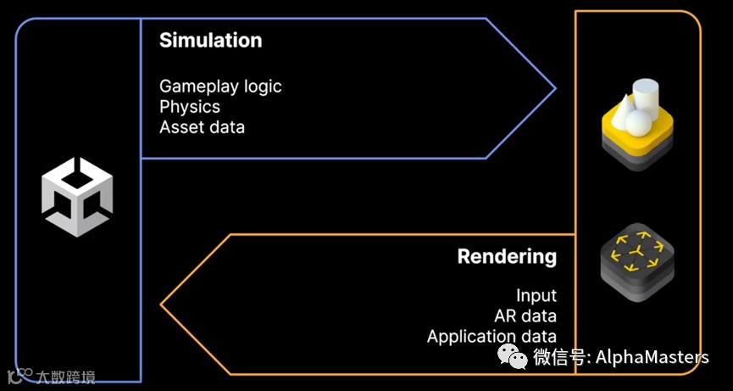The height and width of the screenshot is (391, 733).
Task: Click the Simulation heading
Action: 210,40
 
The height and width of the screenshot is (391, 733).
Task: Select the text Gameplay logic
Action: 220,86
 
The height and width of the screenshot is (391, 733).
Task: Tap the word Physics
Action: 190,107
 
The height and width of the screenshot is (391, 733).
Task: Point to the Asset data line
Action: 202,127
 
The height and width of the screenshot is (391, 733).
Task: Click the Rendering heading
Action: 507,256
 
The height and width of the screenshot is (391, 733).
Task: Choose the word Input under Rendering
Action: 536,295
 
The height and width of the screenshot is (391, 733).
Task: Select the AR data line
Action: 525,316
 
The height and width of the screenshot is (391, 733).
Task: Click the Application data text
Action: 491,337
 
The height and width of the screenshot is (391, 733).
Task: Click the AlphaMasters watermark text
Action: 653,357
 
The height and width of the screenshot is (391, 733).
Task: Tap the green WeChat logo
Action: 512,355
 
